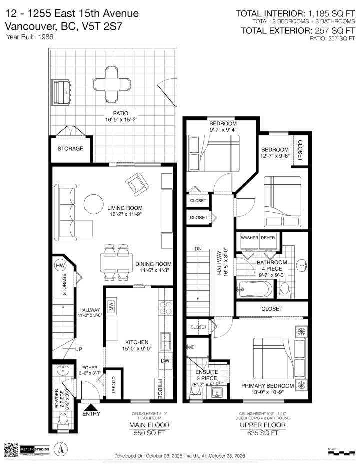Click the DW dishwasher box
point(165,361)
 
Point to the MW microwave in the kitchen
point(112,306)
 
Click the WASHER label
point(249,238)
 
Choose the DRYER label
point(268,238)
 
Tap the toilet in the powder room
point(63,424)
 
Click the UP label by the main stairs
point(79,349)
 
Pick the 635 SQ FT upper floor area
point(262,434)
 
